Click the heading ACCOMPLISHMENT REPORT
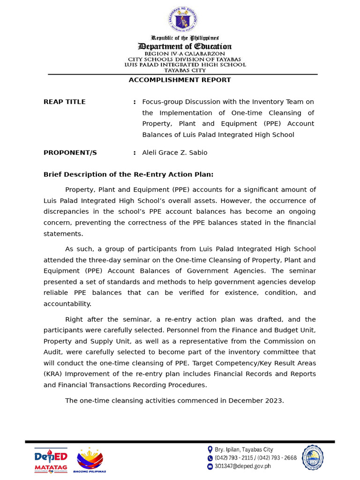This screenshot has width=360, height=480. pos(180,80)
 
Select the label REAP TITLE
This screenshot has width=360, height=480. pos(65,102)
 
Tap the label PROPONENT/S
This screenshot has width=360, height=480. pos(70,153)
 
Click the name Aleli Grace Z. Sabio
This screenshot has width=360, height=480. pos(174,153)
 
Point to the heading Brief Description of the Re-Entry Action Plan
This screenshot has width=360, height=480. pos(128,174)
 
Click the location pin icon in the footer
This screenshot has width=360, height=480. pos(210,449)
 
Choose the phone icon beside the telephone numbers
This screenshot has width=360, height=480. pos(210,458)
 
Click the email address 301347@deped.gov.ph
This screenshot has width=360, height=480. pos(242,466)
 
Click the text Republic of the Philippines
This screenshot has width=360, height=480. pos(185,37)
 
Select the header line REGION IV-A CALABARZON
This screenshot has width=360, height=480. pos(185,54)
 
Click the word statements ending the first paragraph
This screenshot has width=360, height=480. pos(63,233)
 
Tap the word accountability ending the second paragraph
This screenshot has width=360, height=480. pos(67,304)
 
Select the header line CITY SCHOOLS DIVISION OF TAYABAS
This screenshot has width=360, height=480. pos(185,60)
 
